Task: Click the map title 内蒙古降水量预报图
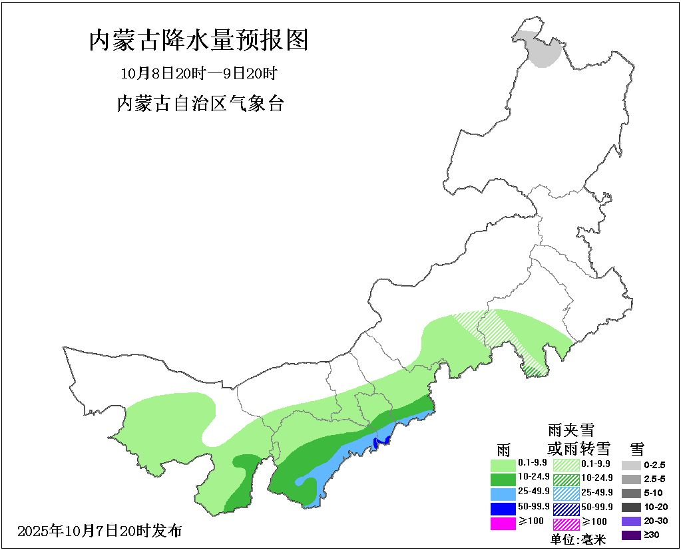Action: point(198,41)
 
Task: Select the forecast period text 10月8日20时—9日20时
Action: point(198,72)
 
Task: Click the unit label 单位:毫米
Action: point(578,539)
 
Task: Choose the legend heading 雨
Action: point(504,449)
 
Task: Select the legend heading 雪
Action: point(638,449)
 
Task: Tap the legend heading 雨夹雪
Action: point(570,430)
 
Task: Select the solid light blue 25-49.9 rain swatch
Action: point(503,493)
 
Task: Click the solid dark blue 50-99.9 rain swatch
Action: point(503,508)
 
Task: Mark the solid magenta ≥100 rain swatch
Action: point(503,523)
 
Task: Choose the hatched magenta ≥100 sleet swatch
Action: point(565,523)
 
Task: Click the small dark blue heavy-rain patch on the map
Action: point(381,441)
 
